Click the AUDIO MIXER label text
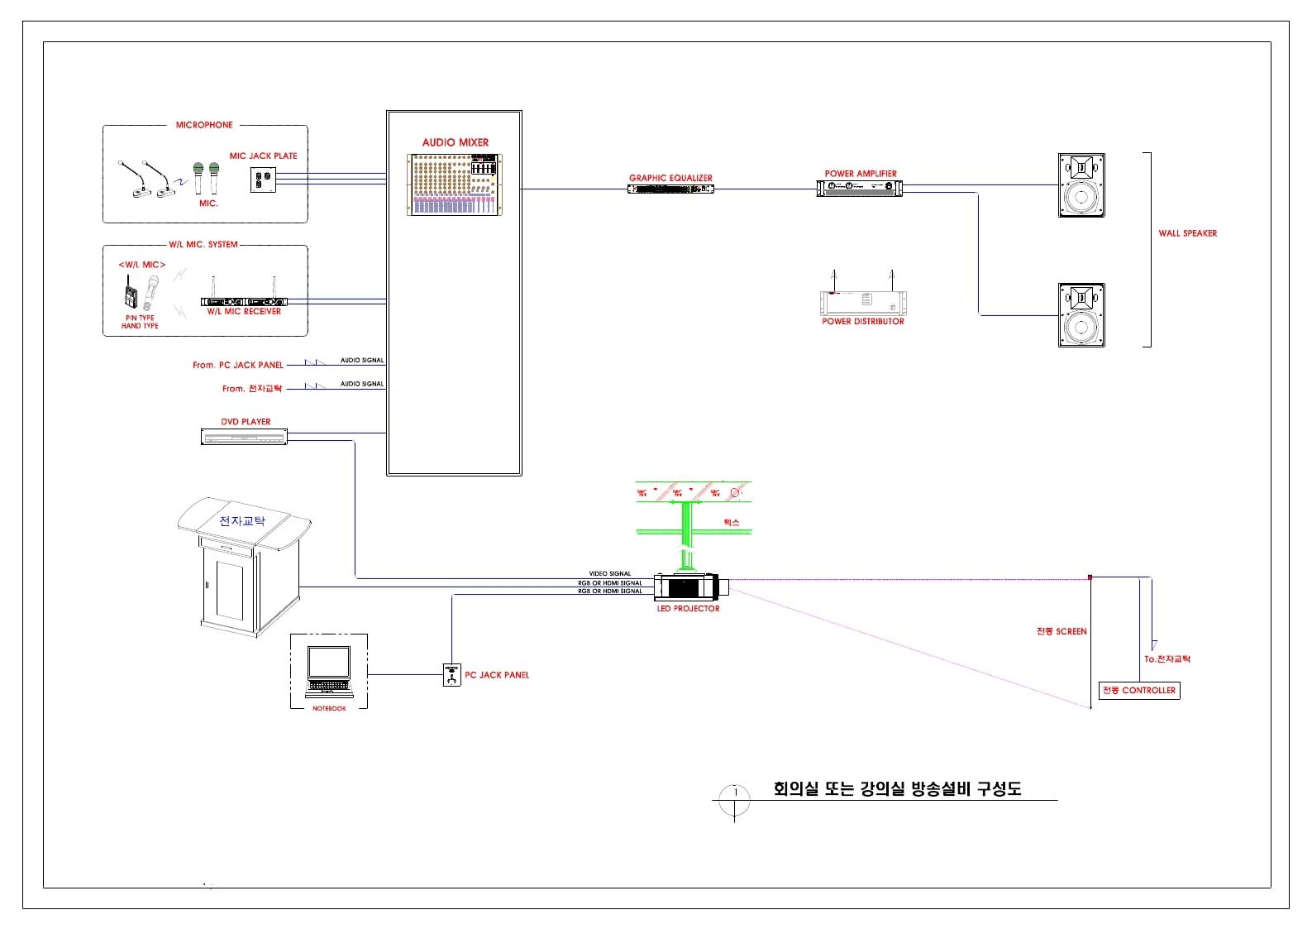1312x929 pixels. point(455,142)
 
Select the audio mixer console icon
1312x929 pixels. point(455,184)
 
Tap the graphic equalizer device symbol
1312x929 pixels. point(670,189)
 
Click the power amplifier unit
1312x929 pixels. point(860,189)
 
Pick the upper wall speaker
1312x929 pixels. point(1081,185)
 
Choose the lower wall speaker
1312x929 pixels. point(1081,315)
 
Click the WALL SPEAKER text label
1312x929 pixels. point(1187,233)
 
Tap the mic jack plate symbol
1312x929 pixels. point(262,180)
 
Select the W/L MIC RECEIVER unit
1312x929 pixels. point(244,302)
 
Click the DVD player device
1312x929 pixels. point(244,436)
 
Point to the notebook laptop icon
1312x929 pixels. point(329,670)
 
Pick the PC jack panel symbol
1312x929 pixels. point(451,675)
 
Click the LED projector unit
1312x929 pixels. point(689,587)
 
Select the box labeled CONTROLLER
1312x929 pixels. point(1139,690)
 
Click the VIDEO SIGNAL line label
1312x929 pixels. point(609,573)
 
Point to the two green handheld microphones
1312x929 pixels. point(206,178)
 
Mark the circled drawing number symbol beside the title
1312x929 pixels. point(734,800)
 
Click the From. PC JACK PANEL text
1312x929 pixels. point(238,365)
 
